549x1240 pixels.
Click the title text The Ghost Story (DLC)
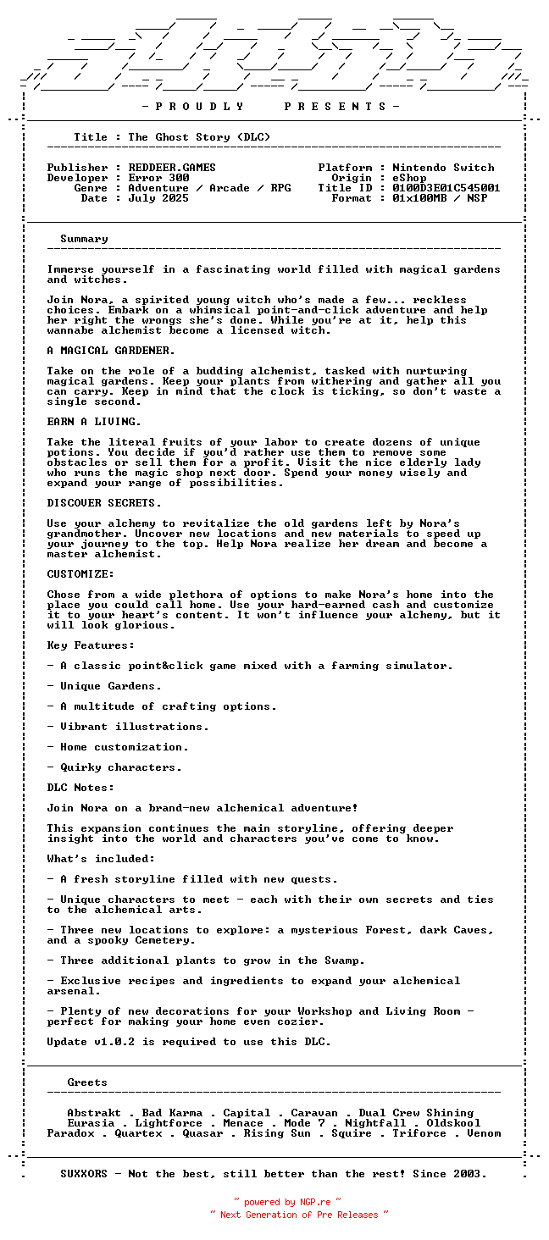tap(199, 137)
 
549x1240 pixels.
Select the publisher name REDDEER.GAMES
tap(172, 168)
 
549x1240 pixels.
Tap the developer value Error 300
tap(158, 178)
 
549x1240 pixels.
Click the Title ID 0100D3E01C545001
tap(446, 188)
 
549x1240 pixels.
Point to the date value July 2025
tap(158, 198)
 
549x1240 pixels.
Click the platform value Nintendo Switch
tap(442, 168)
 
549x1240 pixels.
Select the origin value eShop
tap(409, 178)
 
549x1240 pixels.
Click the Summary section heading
tap(84, 239)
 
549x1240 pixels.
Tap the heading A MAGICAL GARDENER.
tap(111, 351)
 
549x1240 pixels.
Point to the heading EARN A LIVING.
tap(94, 422)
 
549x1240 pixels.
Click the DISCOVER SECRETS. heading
tap(104, 503)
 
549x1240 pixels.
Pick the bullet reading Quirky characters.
tap(120, 767)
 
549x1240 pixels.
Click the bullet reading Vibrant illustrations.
tap(134, 727)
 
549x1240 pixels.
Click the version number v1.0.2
tap(114, 1042)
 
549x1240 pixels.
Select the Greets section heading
tap(87, 1082)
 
